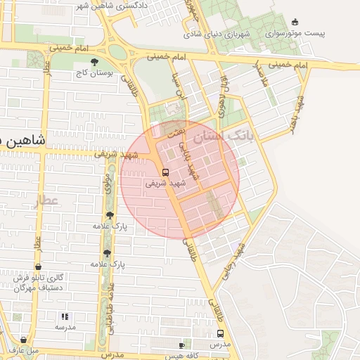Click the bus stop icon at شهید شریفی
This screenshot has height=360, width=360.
tap(166, 172)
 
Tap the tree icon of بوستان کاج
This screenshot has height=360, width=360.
tap(94, 62)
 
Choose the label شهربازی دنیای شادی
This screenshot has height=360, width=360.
tap(218, 33)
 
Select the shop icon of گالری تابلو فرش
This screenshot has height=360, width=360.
tap(37, 267)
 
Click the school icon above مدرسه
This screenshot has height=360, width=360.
tap(65, 317)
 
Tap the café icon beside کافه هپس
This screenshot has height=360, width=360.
tap(182, 345)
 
